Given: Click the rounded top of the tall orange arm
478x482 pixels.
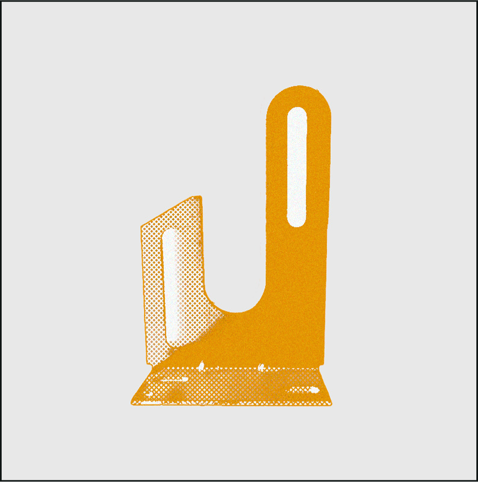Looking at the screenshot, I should (298, 88).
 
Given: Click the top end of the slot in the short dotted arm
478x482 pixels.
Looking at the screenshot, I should (170, 233).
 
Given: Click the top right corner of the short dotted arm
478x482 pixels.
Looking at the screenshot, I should (200, 197).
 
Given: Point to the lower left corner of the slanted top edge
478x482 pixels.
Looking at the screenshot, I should (142, 226).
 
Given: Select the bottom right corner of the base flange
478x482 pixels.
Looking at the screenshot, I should (331, 404).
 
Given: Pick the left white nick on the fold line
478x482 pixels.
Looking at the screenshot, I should (202, 365).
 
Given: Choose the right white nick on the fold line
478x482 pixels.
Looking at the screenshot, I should (261, 366).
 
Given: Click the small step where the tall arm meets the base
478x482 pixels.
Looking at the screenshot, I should (321, 365).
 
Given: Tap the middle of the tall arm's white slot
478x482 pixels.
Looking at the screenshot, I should (297, 167).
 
